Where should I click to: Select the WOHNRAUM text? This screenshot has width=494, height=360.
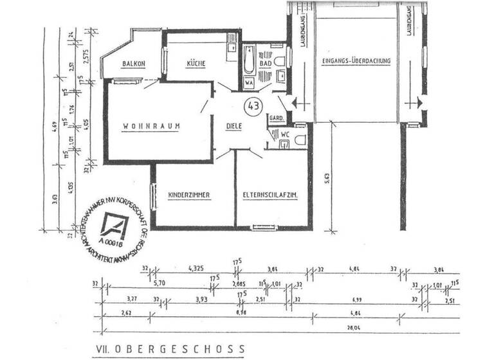point(152,126)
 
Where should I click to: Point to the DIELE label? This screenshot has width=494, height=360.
point(233,126)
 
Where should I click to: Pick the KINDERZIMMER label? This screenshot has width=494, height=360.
point(190,195)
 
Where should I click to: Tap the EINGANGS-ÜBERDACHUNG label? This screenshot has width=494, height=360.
point(356,62)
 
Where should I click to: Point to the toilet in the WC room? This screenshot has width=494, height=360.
point(299,139)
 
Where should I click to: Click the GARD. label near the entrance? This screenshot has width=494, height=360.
point(277,120)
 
